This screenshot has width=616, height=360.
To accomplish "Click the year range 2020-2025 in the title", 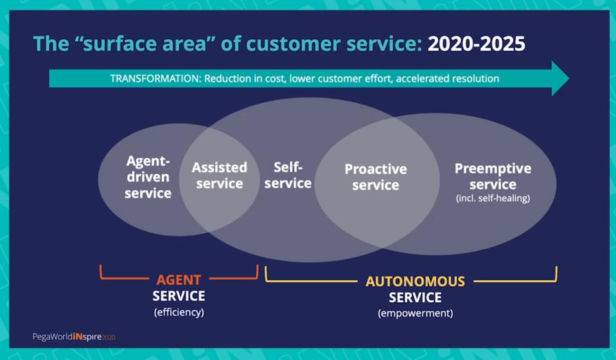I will point(476,44).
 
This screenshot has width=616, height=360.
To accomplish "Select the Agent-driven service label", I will point(148,177).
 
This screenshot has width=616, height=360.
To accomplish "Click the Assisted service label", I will point(219,175).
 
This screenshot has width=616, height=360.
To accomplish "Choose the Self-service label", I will point(288,175).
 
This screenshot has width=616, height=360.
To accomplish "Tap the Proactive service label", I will point(376,177).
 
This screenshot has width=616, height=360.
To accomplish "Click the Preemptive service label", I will point(493,176).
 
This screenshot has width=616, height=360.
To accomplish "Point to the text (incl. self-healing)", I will point(493,199).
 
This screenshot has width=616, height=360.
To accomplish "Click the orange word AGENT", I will point(179,280).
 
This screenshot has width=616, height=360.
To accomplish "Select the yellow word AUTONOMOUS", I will point(415,282).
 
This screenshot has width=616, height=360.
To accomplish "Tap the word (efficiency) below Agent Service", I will point(179,312).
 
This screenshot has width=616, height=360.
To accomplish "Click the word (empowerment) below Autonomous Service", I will point(415,313).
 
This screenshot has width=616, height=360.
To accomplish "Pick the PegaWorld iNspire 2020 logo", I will point(74,336).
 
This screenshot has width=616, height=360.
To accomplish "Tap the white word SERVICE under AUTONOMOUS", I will point(415,298).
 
